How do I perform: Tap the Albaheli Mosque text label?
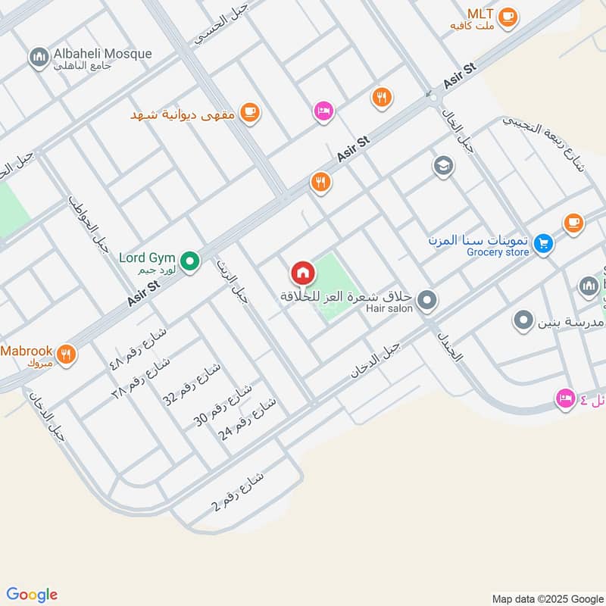[102, 54]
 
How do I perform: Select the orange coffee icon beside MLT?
[508, 16]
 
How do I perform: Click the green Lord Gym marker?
[192, 262]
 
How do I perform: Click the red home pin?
[302, 273]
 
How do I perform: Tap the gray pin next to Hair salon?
[427, 301]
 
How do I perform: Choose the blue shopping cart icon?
[542, 243]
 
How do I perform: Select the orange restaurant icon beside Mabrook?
[67, 352]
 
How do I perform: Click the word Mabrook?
[27, 351]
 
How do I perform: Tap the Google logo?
[31, 595]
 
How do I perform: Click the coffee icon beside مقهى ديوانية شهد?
[248, 113]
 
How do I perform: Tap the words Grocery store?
[498, 252]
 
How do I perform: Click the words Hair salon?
[389, 308]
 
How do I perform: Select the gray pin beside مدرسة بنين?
[523, 320]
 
